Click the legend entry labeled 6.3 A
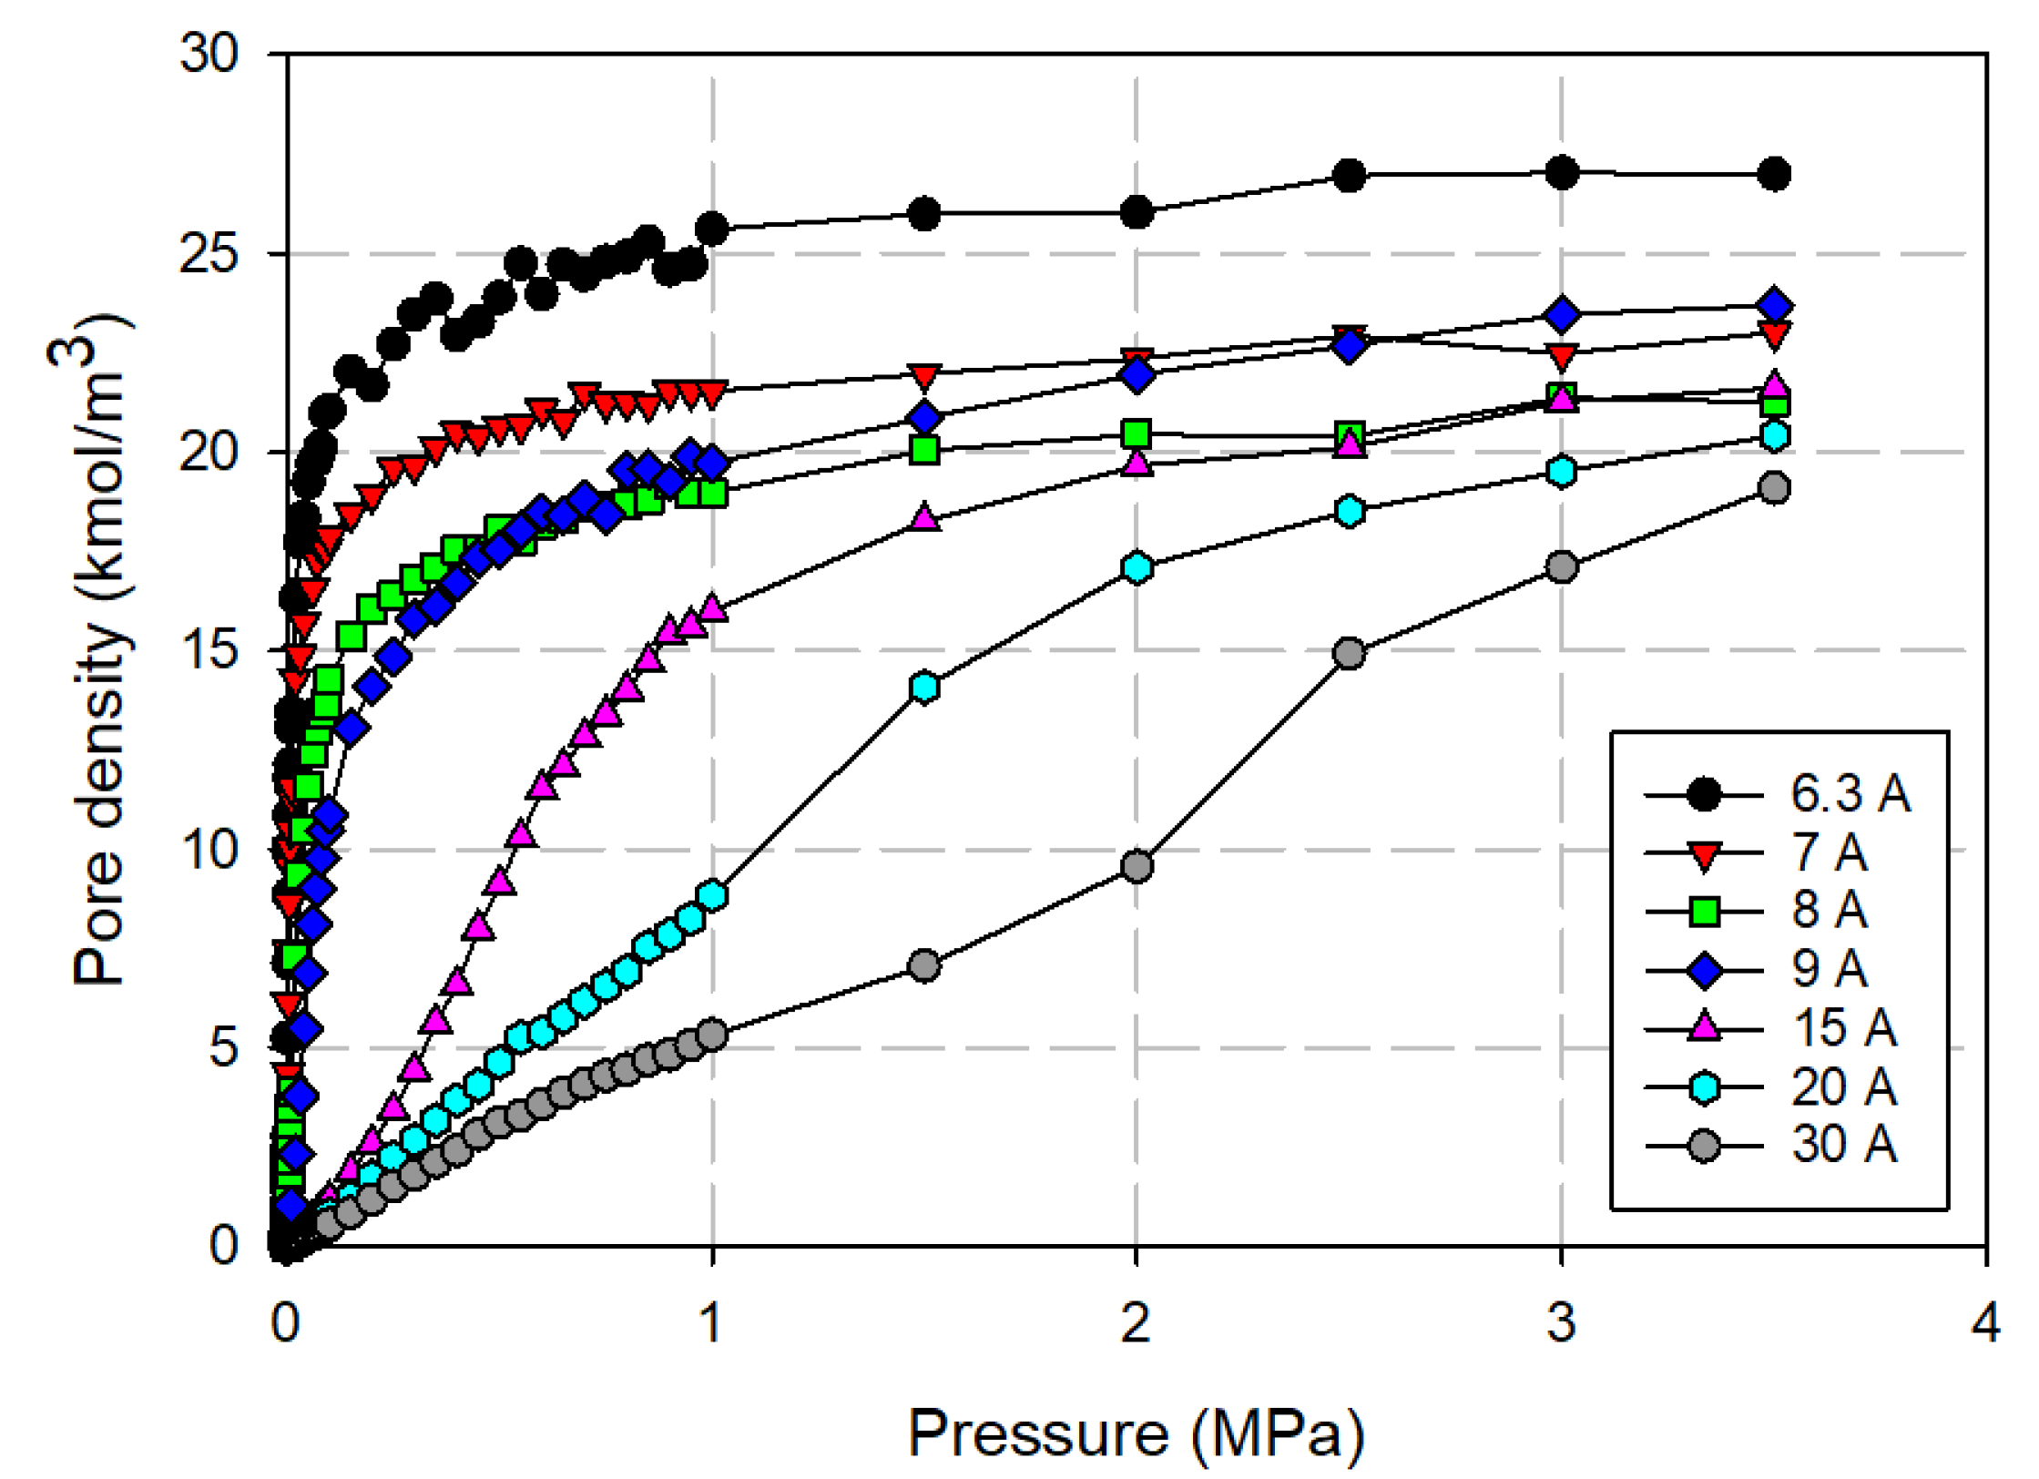[x=1850, y=794]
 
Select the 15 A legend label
[x=1844, y=1028]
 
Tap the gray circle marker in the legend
[x=1704, y=1146]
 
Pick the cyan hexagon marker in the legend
[x=1704, y=1087]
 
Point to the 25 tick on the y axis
[x=209, y=253]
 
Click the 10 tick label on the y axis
[x=209, y=850]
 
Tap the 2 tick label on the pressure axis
[x=1136, y=1322]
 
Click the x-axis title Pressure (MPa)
[x=1136, y=1433]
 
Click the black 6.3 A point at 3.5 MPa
[x=1774, y=173]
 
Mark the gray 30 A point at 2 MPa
[x=1137, y=865]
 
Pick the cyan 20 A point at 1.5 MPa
[x=924, y=687]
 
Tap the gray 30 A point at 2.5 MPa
[x=1349, y=653]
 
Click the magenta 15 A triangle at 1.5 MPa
[x=924, y=517]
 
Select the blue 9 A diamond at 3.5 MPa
[x=1774, y=305]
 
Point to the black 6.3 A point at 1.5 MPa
[x=924, y=214]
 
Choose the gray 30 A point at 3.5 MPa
[x=1774, y=488]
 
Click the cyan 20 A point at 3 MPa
[x=1562, y=472]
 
